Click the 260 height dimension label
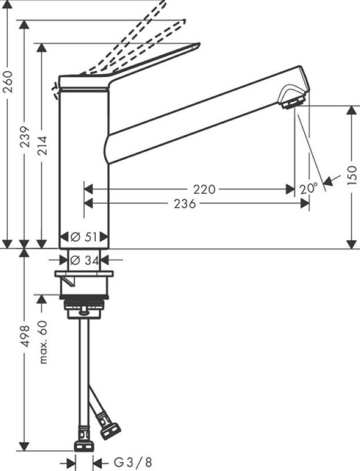click(8, 82)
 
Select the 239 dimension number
click(25, 137)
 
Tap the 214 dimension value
click(42, 145)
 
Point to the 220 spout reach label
click(204, 190)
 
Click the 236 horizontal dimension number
click(185, 204)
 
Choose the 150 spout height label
click(353, 175)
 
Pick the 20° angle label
click(308, 189)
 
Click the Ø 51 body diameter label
click(84, 237)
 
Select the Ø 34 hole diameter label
click(84, 260)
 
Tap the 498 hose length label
click(25, 336)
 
